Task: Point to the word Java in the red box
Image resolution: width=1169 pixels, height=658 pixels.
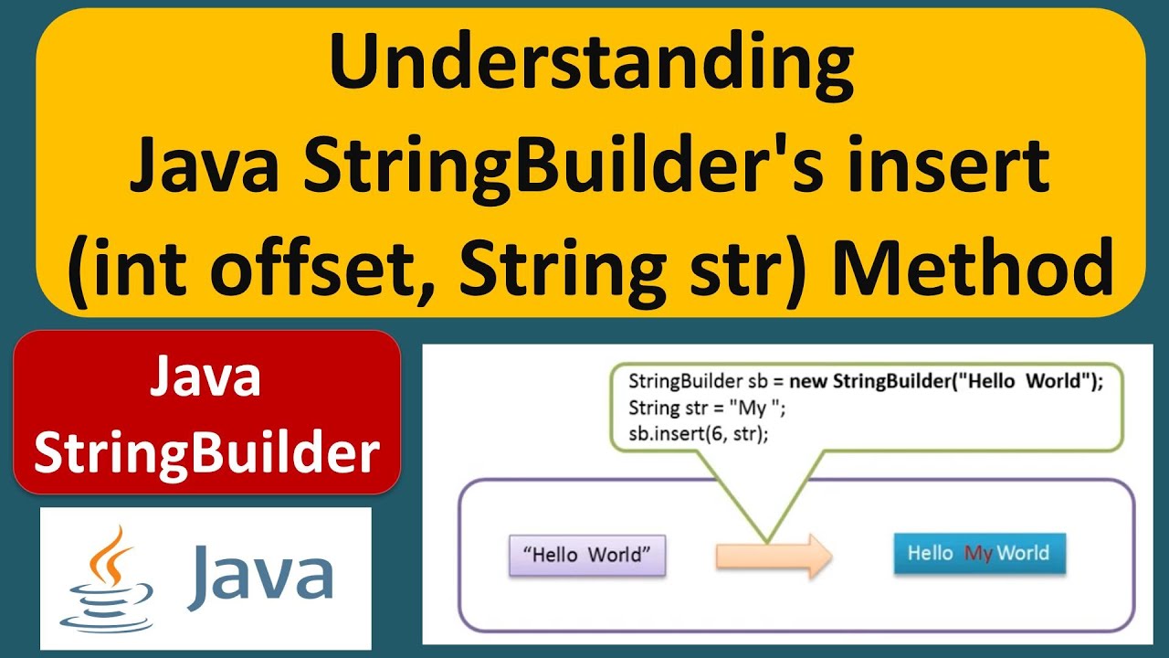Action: coord(206,377)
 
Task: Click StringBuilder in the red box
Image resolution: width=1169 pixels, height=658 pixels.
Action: coord(206,452)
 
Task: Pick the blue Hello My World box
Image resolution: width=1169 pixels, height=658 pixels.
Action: coord(978,553)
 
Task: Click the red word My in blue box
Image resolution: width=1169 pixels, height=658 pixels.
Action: coord(978,554)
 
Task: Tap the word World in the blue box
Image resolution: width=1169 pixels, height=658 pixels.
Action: coord(1023,553)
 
